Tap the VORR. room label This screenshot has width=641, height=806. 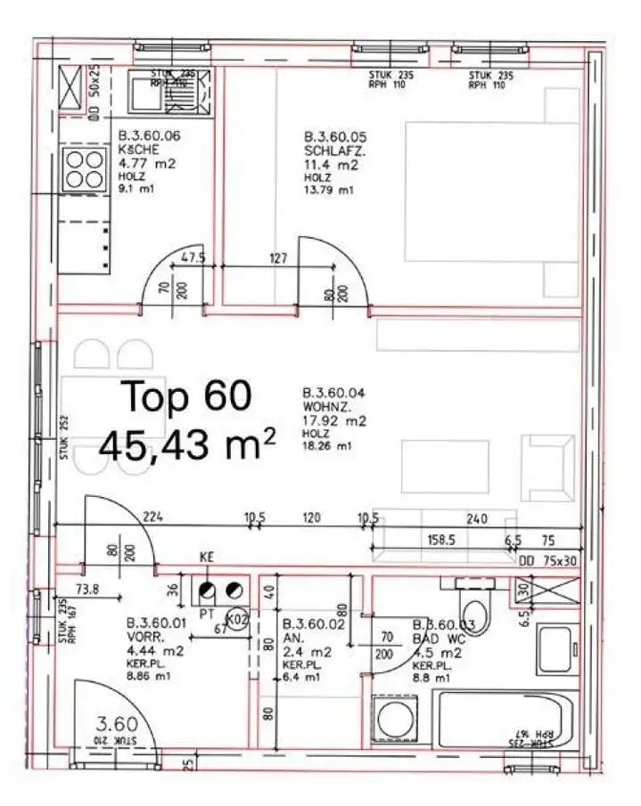click(x=145, y=637)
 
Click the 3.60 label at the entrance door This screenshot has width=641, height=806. click(x=116, y=723)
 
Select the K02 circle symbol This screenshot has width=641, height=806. click(x=236, y=617)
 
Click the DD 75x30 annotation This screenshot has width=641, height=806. click(x=548, y=561)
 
